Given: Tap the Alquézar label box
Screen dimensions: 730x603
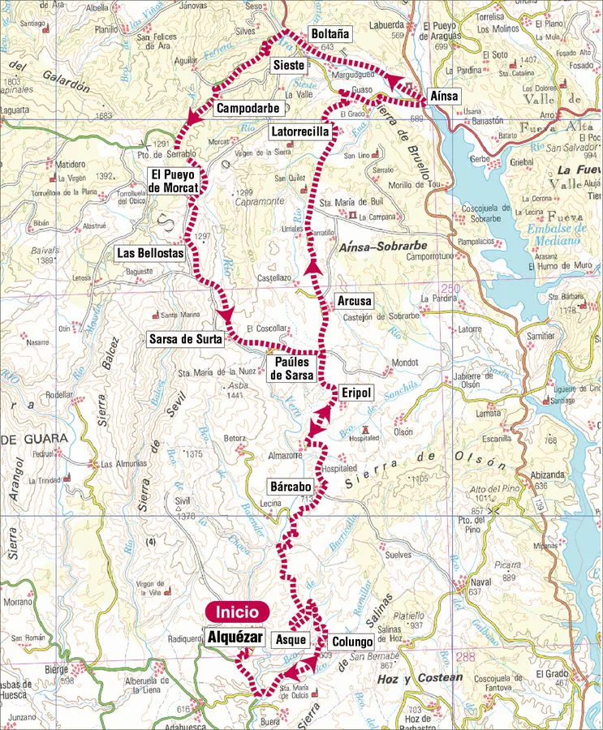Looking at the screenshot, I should click(235, 638).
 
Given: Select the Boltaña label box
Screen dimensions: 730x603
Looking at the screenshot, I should click(329, 34).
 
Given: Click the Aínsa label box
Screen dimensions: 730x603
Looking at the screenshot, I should click(444, 96).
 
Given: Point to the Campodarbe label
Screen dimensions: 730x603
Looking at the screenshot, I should click(248, 108).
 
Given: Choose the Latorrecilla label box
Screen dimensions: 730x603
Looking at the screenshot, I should click(300, 131).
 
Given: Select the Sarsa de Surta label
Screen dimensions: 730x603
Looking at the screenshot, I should click(186, 339).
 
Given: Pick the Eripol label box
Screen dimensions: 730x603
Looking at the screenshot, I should click(355, 393).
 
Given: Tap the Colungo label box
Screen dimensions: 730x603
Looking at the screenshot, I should click(352, 642).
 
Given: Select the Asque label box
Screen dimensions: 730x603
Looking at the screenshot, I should click(290, 640).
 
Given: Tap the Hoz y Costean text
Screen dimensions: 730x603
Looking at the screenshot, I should click(431, 677).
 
